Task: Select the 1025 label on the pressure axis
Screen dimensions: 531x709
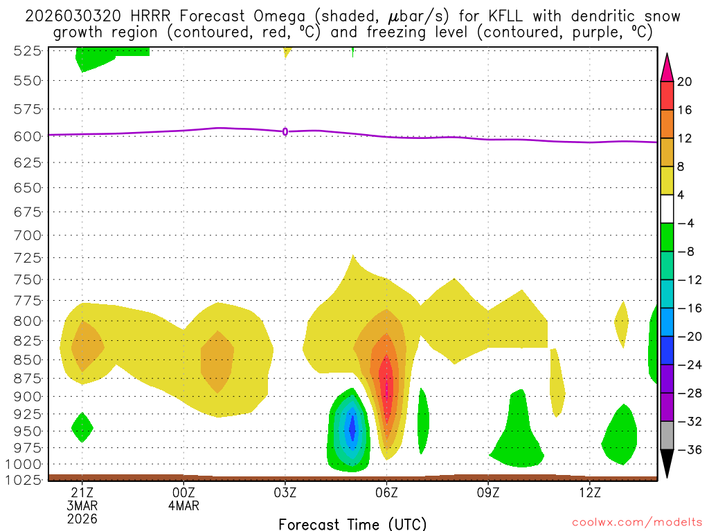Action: [x=25, y=479]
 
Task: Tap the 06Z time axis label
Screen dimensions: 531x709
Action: [x=386, y=493]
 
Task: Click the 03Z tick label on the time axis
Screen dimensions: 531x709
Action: [x=285, y=493]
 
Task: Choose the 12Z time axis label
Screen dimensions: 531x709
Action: [x=589, y=493]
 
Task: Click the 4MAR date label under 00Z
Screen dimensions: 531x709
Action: [x=183, y=505]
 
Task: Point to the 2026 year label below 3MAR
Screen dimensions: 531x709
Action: [x=82, y=519]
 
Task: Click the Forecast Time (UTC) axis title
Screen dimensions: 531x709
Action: [x=352, y=523]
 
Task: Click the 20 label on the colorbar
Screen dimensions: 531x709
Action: [x=685, y=82]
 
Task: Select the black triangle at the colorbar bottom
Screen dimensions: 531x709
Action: [x=667, y=464]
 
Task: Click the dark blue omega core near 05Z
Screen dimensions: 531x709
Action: [x=352, y=429]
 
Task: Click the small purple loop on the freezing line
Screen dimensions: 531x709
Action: [x=285, y=131]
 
